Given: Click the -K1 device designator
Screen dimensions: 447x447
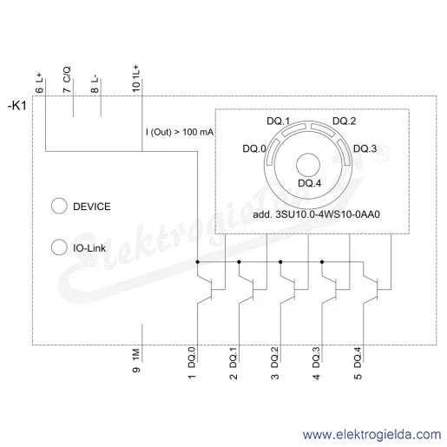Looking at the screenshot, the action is point(17,106).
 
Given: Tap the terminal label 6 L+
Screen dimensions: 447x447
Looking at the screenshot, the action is point(39,82).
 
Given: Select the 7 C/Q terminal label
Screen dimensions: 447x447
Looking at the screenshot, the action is point(67,80).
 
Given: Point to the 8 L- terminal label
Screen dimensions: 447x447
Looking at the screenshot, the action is point(95,84).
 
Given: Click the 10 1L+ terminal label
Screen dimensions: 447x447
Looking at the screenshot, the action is point(136,78).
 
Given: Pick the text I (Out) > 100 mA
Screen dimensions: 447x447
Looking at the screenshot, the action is point(180,132).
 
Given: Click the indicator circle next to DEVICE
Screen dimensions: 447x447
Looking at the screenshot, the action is point(59,206).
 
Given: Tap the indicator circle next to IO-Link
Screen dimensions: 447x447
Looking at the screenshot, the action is point(59,247).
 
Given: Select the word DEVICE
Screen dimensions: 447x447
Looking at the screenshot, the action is point(92,207).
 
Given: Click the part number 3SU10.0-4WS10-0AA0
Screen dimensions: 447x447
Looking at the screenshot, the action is point(327,214).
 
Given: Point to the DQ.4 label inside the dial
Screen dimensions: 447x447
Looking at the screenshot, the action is point(310,183).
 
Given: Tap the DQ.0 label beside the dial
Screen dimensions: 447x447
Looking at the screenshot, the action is point(254,148).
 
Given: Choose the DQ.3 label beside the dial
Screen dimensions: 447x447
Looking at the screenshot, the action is point(365,148).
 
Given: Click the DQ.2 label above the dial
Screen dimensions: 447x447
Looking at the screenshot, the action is point(345,121).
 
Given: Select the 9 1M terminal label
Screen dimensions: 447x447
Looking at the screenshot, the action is point(136,360).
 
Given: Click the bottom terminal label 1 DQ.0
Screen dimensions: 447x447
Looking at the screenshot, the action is point(192,363).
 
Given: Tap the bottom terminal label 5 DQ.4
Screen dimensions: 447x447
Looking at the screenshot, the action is point(358,363).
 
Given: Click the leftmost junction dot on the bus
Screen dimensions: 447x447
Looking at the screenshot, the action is point(197,262).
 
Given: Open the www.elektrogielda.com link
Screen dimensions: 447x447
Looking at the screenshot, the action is point(372,435).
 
